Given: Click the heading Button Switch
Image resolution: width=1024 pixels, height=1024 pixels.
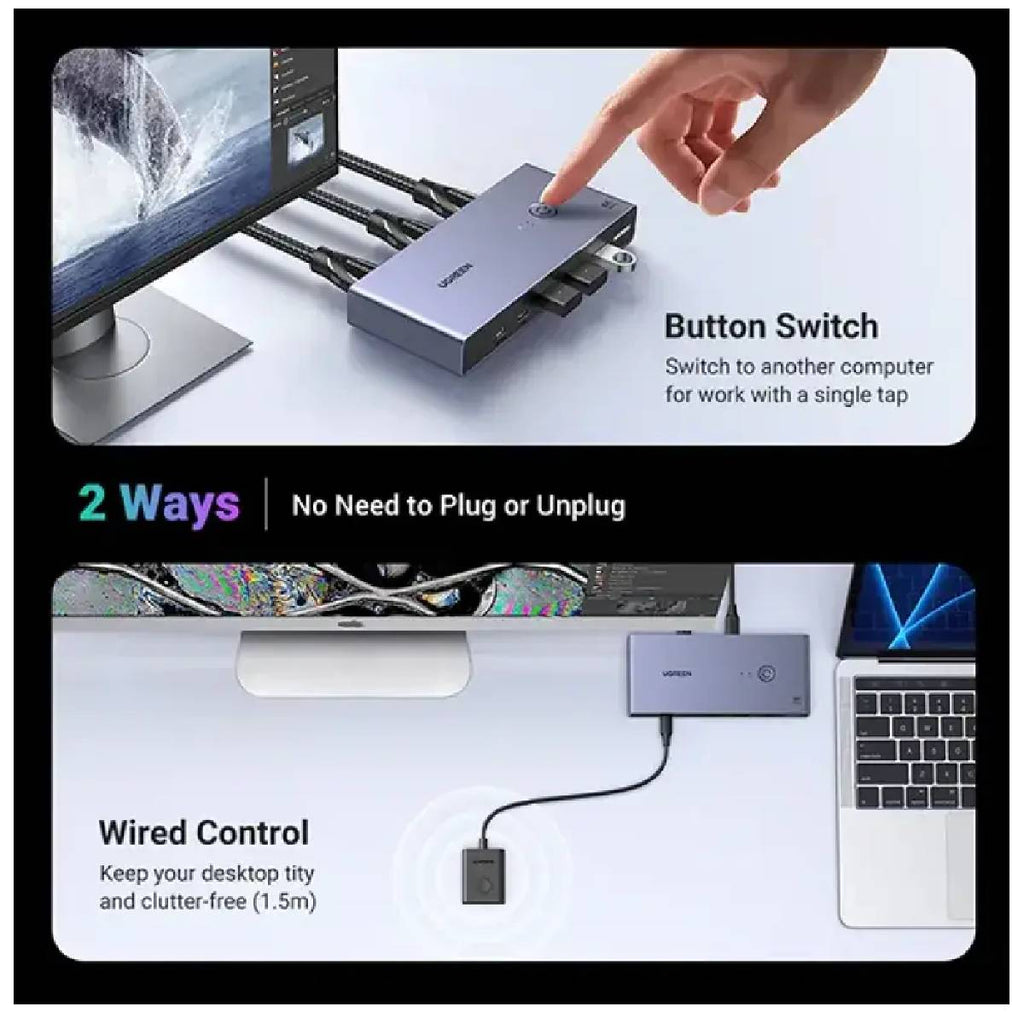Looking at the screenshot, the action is pos(771,327).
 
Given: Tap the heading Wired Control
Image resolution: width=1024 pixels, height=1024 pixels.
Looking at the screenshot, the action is pos(204,833).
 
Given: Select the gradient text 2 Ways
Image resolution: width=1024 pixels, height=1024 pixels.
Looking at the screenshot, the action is pos(159,504).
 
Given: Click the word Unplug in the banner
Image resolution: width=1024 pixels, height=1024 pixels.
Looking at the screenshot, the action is pos(581,506).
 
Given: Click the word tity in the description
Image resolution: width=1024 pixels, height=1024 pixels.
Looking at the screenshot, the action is pos(298,874).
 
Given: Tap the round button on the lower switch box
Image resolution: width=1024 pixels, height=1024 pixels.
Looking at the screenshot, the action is pos(766,674).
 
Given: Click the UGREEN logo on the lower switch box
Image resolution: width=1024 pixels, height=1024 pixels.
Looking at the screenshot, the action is pos(677,673).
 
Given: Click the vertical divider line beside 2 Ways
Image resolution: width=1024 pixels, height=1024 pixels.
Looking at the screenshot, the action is pos(266,504).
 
